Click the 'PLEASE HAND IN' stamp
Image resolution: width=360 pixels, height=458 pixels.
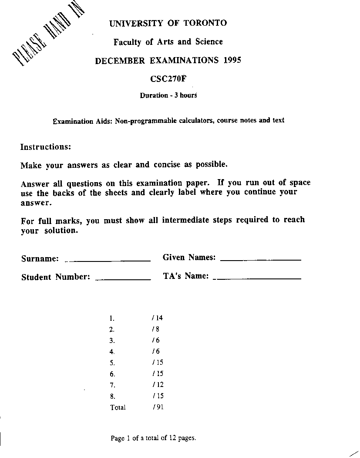click(48, 37)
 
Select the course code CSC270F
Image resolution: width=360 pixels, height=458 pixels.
click(168, 79)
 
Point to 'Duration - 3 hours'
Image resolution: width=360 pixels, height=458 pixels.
click(168, 95)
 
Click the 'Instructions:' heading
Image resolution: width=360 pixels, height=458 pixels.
click(45, 147)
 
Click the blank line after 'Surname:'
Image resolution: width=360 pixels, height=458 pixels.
click(108, 260)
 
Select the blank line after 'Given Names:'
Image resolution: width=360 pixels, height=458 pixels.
click(261, 259)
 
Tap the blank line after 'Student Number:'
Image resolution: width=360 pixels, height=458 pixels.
click(123, 278)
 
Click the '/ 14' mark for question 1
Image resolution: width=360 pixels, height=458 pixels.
click(158, 318)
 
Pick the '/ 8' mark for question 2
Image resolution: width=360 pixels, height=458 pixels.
click(156, 329)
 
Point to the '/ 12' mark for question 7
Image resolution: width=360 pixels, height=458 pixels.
click(158, 385)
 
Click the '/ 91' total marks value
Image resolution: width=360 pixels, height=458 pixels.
click(158, 407)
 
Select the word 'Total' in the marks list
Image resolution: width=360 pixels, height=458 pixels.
click(118, 407)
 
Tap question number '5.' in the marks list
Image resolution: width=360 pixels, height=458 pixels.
click(112, 363)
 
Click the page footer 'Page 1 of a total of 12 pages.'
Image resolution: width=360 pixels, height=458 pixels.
click(153, 438)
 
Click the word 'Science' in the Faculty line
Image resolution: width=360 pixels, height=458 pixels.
click(209, 42)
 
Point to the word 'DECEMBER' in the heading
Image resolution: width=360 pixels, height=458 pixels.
click(120, 61)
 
